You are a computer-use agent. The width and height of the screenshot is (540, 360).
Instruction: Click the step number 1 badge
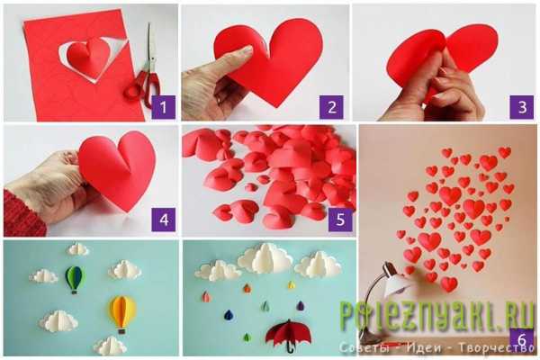coord(163,107)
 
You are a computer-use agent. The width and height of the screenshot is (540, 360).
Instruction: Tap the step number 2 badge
coord(331,107)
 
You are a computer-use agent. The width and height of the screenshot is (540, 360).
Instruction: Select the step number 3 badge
coord(522,107)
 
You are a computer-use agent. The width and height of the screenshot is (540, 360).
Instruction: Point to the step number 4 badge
coord(164,220)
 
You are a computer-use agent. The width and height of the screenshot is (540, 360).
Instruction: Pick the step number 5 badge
coord(340,220)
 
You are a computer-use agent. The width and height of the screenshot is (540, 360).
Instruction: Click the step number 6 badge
coord(522,340)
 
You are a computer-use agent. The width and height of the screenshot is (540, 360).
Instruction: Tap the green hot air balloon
coord(74,279)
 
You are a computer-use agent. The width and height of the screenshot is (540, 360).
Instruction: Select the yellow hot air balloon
coord(121,314)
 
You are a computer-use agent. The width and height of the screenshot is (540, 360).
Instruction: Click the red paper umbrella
coord(288,335)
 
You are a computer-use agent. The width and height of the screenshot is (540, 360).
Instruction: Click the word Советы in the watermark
coord(364,347)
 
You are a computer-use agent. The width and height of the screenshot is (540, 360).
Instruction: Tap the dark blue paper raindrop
coord(229,315)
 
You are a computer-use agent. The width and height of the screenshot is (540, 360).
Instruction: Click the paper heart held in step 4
coord(117,169)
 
